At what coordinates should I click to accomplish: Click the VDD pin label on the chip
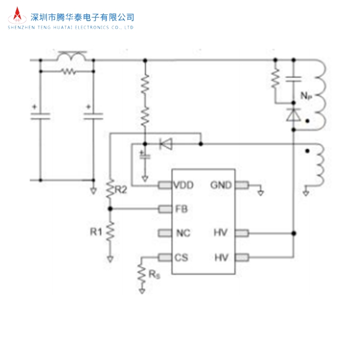click(x=184, y=185)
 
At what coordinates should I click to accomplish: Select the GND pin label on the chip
click(x=221, y=185)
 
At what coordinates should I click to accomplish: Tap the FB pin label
click(x=182, y=209)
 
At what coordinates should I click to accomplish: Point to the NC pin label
click(x=183, y=233)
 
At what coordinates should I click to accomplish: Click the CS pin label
click(x=182, y=257)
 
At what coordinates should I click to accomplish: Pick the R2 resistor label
click(x=121, y=190)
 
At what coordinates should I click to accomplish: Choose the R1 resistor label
click(x=96, y=231)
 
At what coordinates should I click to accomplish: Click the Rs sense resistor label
click(x=154, y=274)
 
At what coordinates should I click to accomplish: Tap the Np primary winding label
click(x=307, y=96)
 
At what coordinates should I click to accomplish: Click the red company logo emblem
click(x=17, y=15)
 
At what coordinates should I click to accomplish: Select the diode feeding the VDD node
click(x=166, y=144)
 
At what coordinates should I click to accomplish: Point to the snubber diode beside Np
click(x=294, y=115)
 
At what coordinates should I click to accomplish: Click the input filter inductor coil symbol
click(x=72, y=57)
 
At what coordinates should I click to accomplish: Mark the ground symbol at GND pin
click(x=260, y=193)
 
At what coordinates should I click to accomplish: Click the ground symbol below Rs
click(x=142, y=291)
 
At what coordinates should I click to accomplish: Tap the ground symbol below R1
click(x=110, y=259)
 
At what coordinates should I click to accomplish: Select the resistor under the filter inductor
click(x=68, y=71)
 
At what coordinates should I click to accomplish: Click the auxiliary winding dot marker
click(x=308, y=151)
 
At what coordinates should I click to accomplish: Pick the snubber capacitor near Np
click(x=294, y=79)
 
